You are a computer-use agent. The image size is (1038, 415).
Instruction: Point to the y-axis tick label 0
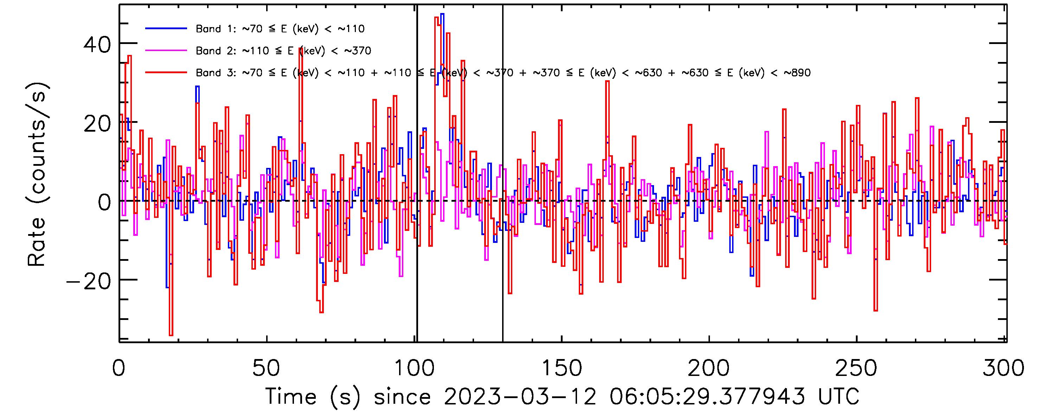pos(104,202)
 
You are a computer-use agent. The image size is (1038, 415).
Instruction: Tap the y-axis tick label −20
pos(89,282)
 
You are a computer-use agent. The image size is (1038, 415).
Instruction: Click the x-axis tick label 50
pos(266,368)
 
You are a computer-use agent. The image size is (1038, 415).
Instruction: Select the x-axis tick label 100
pos(414,368)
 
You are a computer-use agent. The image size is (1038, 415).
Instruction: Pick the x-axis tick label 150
pos(561,368)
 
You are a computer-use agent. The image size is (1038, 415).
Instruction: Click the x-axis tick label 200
pos(709,368)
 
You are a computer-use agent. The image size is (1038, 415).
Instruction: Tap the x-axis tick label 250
pos(856,368)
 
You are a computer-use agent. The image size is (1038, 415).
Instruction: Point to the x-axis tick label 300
pos(1003,368)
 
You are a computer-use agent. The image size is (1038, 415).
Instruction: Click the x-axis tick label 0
pos(119,368)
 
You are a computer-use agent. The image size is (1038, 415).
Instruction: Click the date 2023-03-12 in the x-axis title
pos(520,396)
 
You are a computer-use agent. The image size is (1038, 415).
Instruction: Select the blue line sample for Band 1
pos(166,29)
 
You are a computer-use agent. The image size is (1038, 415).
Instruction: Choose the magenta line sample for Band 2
pos(166,51)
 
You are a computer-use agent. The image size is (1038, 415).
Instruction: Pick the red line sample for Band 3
pos(166,73)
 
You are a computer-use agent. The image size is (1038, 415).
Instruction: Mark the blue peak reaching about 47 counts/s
pos(442,14)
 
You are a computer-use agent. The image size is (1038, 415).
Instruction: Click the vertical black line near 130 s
pos(502,242)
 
